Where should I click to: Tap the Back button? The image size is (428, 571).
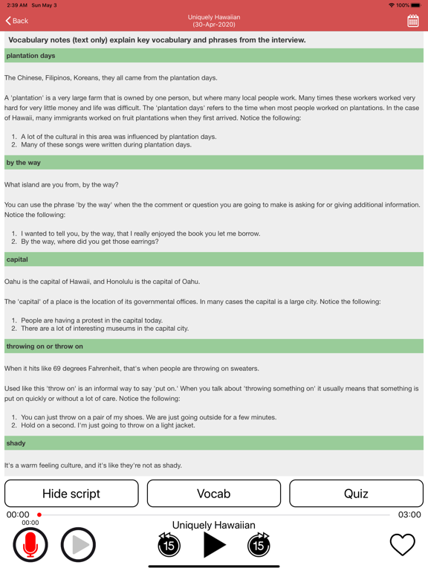[x=17, y=21]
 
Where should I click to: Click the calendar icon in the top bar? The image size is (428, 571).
[x=412, y=21]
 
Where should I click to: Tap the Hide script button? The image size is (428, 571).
[x=71, y=494]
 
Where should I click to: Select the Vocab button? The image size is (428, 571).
[x=213, y=494]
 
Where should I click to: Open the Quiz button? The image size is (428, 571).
[x=356, y=494]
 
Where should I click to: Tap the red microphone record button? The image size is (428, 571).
[x=30, y=545]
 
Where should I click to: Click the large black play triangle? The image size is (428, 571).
[x=214, y=545]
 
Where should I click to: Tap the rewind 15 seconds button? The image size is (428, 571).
[x=169, y=545]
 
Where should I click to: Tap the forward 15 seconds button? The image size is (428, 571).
[x=259, y=545]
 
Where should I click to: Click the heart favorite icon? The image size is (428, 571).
[x=402, y=545]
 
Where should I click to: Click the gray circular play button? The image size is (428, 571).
[x=78, y=545]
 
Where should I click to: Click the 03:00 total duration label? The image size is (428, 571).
[x=409, y=514]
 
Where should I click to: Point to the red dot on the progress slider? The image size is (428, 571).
[x=39, y=514]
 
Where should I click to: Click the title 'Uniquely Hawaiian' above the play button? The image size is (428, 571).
[x=213, y=525]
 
